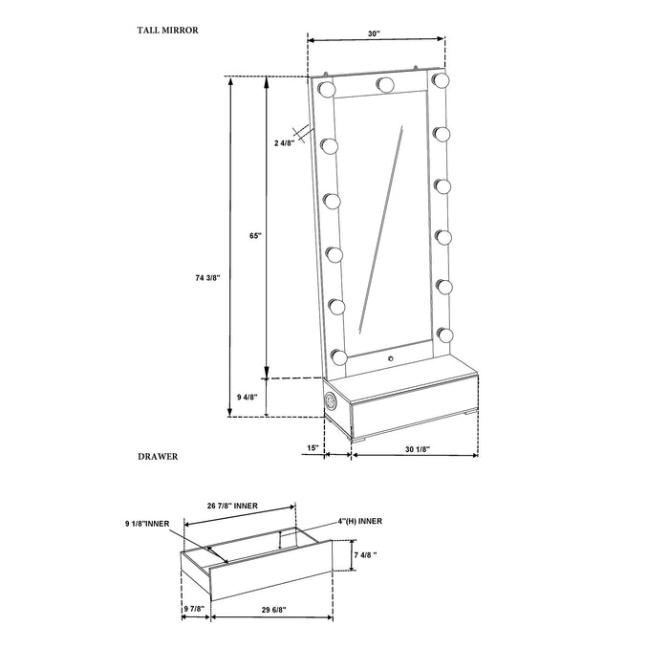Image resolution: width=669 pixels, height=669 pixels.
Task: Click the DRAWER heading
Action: pyautogui.click(x=158, y=458)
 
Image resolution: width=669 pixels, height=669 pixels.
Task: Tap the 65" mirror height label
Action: pyautogui.click(x=252, y=233)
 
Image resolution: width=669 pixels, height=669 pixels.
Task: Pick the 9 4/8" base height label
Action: pyautogui.click(x=249, y=397)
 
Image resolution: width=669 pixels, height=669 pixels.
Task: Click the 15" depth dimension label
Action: pyautogui.click(x=313, y=448)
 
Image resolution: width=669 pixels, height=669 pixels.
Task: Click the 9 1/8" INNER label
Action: pyautogui.click(x=147, y=524)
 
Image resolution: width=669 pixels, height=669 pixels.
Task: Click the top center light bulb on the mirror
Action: pyautogui.click(x=386, y=84)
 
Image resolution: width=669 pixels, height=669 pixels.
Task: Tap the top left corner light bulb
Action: pyautogui.click(x=326, y=89)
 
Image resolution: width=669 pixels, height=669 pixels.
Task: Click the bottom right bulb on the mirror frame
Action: pyautogui.click(x=445, y=335)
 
